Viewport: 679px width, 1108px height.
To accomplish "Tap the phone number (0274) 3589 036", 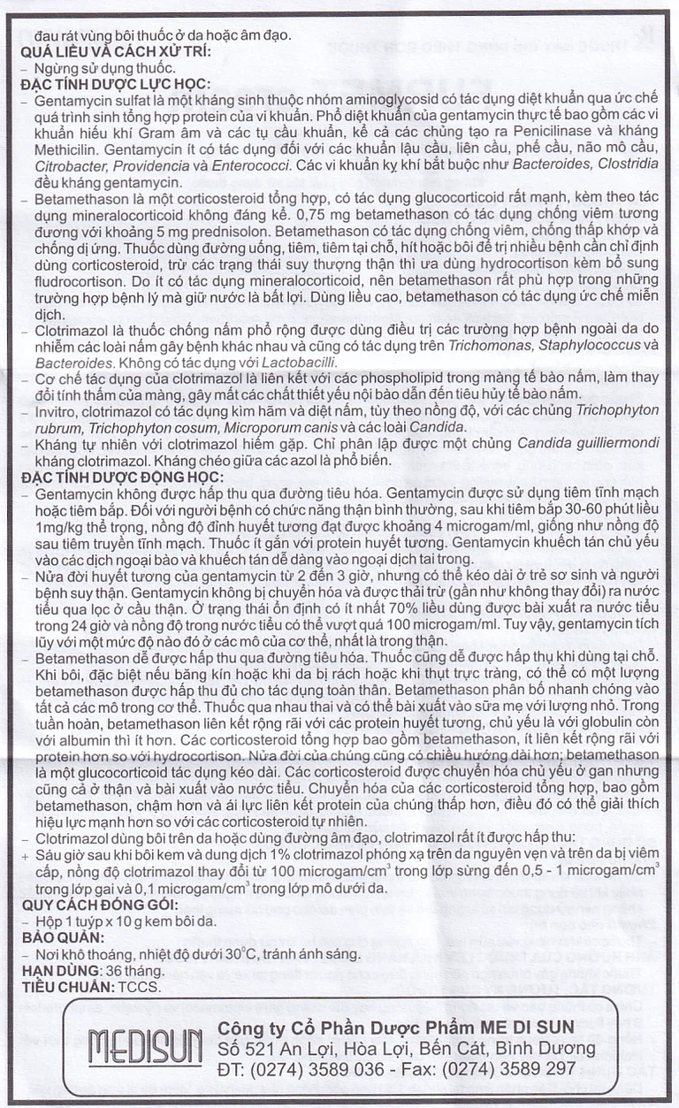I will (x=316, y=1069).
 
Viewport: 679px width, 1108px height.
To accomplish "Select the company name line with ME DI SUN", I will (x=396, y=1025).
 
